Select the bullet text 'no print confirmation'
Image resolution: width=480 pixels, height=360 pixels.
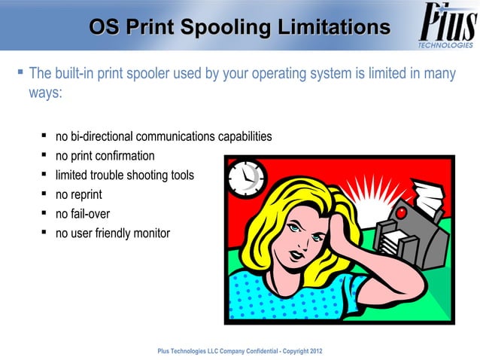(x=105, y=156)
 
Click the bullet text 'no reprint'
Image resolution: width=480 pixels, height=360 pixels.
(x=78, y=194)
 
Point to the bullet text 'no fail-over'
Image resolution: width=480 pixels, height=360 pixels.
(x=83, y=213)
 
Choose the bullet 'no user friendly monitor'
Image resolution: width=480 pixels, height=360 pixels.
(x=112, y=233)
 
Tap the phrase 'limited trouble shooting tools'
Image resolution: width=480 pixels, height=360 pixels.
(x=124, y=175)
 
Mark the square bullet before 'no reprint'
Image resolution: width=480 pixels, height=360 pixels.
(x=45, y=194)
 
